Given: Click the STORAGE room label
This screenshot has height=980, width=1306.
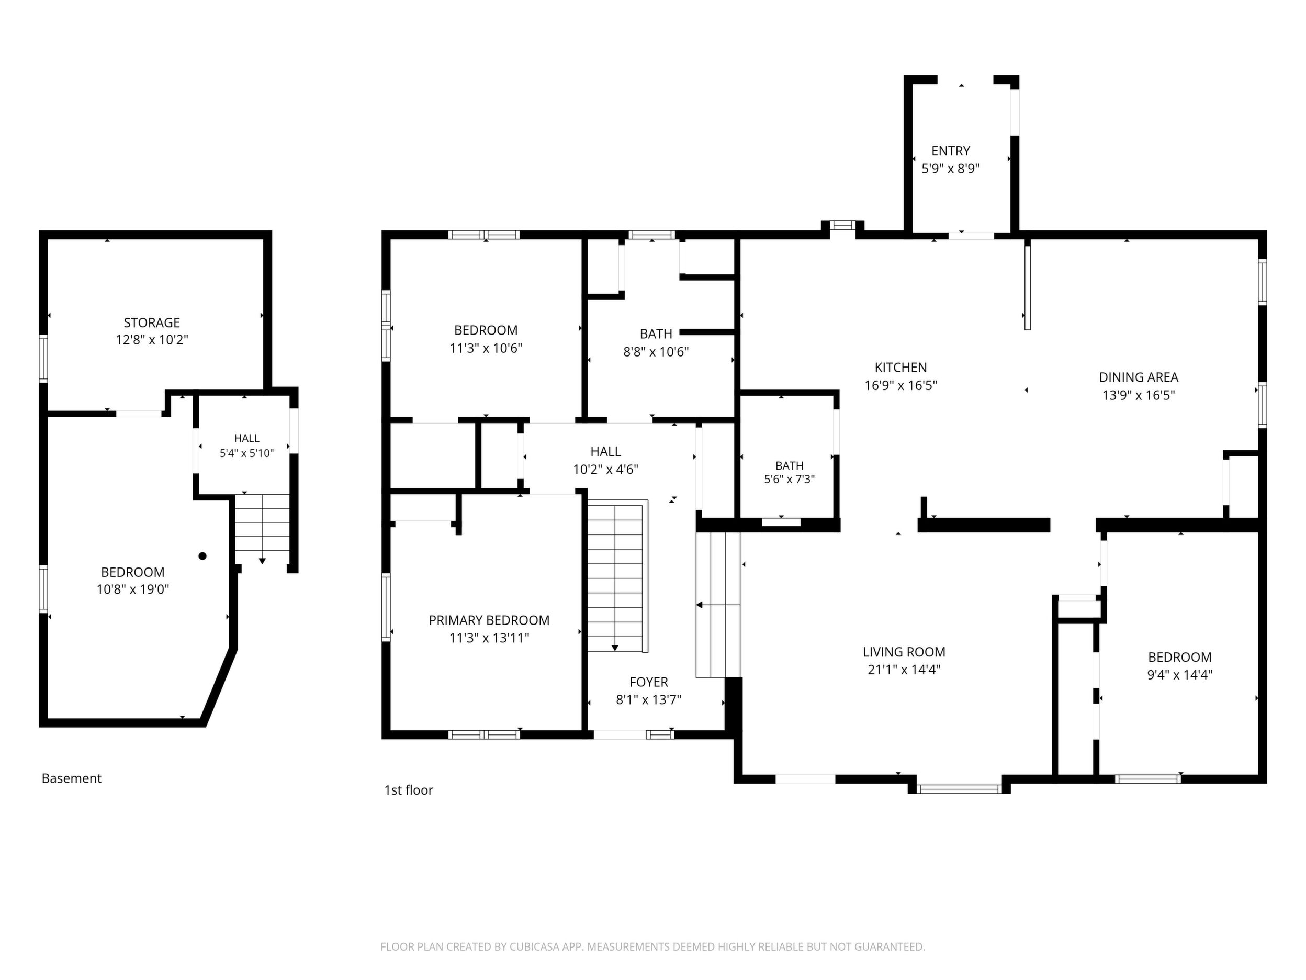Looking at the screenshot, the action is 152,322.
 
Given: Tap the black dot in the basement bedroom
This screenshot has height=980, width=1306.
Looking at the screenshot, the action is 202,556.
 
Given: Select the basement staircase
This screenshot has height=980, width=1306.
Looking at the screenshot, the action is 262,528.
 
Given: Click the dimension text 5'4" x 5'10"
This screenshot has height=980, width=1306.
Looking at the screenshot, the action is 247,454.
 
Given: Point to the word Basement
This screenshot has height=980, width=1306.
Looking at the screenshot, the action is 72,778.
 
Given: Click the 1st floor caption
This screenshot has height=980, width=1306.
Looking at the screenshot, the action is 409,790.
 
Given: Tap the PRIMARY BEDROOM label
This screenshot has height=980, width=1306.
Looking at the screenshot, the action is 489,620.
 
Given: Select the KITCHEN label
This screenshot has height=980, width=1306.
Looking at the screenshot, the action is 901,367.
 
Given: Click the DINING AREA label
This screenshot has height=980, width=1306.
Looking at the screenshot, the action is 1139,377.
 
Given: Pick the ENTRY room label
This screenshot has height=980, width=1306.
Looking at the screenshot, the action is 951,151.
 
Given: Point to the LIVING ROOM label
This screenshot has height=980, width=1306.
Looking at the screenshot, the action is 904,652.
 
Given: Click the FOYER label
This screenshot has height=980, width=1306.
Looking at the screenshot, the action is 649,682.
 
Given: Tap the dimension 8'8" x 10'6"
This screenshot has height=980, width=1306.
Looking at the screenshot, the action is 656,352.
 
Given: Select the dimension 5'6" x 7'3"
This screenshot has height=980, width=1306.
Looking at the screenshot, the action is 790,479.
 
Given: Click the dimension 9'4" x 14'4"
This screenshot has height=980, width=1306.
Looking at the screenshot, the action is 1180,675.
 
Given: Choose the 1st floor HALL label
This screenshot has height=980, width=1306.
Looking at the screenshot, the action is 606,452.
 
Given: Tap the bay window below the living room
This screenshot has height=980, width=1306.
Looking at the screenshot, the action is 960,788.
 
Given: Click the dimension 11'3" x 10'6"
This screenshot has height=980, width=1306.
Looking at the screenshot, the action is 486,349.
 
